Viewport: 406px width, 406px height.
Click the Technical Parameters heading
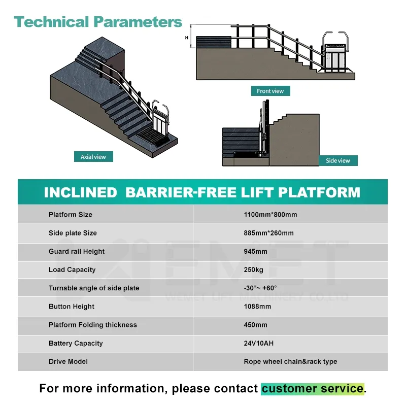98,22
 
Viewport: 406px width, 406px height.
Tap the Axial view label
93,157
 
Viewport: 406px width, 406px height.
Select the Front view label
270,91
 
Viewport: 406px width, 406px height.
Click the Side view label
337,161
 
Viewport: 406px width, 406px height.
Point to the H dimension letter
187,37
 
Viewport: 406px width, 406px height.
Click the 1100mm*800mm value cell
270,215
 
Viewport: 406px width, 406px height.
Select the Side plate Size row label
73,233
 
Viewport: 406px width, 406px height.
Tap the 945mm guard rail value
255,251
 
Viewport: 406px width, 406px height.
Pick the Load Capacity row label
72,269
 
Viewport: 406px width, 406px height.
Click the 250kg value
254,269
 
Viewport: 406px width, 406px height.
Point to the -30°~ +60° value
260,288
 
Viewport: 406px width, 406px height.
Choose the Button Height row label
72,307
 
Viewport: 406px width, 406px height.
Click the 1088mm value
257,307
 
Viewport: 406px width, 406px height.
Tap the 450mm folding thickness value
255,325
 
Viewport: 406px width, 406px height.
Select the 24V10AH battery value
259,343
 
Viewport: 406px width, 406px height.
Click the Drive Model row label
68,361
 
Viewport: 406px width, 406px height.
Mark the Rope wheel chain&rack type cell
290,361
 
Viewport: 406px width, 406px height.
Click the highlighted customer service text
313,389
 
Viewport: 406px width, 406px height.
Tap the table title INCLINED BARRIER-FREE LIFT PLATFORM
202,192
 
